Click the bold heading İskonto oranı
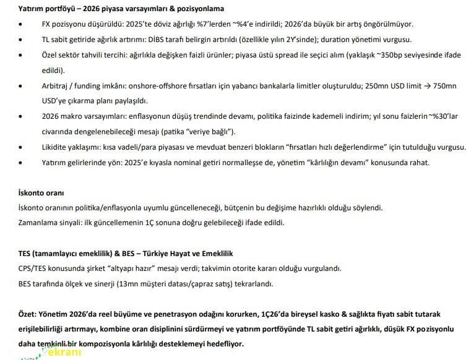[41, 193]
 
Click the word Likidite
[57, 147]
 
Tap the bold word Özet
[28, 314]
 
